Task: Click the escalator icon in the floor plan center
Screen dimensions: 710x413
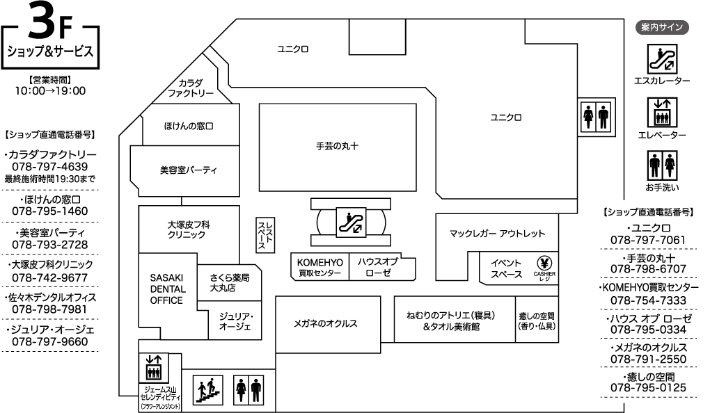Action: click(351, 222)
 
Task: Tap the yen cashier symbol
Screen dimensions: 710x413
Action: click(544, 263)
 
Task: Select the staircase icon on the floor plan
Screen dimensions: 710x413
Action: click(208, 389)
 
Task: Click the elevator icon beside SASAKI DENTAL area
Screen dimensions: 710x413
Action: click(154, 367)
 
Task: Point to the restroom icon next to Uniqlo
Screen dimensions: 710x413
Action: click(596, 117)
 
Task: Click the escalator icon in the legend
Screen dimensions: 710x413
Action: click(662, 59)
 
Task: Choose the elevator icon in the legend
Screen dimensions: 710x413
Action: click(662, 113)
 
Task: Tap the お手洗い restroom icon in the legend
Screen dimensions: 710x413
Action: click(662, 166)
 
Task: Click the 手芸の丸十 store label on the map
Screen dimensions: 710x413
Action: click(338, 146)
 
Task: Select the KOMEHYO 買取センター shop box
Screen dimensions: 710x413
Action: click(319, 266)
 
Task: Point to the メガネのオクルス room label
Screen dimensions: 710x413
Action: click(326, 323)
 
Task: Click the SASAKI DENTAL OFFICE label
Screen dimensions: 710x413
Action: click(166, 289)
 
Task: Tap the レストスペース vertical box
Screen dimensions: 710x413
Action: click(265, 234)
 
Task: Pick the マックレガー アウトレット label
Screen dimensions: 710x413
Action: click(497, 234)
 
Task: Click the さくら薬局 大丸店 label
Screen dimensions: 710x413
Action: click(229, 283)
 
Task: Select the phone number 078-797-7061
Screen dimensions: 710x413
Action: click(648, 240)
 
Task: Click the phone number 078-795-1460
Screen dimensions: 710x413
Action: click(50, 211)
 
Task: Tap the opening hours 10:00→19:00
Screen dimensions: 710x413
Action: click(50, 91)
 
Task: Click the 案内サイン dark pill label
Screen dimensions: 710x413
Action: click(662, 28)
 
